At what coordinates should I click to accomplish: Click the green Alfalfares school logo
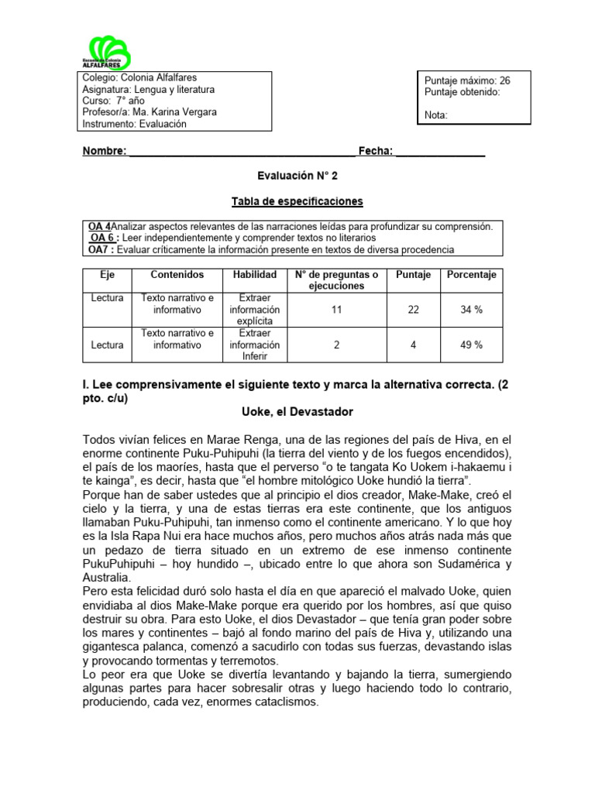click(x=106, y=53)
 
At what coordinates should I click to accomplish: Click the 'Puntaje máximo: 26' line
click(x=467, y=81)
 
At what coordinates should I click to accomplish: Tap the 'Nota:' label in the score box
click(x=437, y=115)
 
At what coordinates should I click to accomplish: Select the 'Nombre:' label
click(x=105, y=151)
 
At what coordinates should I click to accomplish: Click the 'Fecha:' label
click(x=375, y=151)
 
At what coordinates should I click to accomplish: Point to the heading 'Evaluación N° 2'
click(x=297, y=176)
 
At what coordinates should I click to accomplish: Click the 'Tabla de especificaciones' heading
click(x=297, y=201)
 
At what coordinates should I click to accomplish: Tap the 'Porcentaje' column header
click(x=471, y=275)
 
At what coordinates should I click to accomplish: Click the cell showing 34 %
click(x=471, y=309)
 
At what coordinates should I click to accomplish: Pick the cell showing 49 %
click(x=471, y=345)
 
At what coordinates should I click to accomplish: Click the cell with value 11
click(x=336, y=309)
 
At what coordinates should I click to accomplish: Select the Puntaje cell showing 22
click(x=413, y=309)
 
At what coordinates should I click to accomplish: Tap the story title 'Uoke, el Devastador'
click(x=297, y=413)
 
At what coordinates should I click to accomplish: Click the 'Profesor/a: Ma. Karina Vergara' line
click(x=150, y=112)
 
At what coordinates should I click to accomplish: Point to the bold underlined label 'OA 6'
click(x=104, y=238)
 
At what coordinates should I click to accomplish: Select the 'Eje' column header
click(x=107, y=275)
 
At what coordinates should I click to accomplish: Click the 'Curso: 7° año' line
click(x=114, y=101)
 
